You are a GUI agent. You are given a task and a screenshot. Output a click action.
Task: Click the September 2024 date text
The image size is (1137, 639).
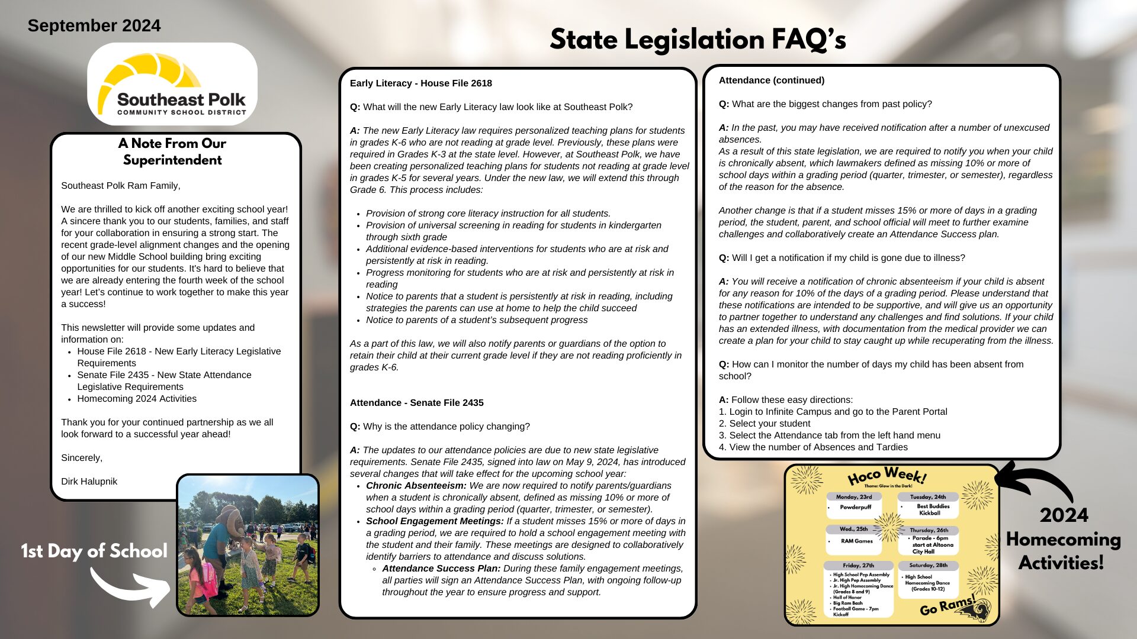pos(94,25)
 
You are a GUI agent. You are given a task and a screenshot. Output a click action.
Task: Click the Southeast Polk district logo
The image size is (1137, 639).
pos(172,83)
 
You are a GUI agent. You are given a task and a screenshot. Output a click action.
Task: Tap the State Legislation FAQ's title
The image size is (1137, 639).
pos(698,40)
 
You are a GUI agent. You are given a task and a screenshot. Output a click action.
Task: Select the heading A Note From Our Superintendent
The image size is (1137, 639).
pos(172,151)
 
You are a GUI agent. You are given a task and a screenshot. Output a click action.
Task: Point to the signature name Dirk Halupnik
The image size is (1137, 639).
pos(89,482)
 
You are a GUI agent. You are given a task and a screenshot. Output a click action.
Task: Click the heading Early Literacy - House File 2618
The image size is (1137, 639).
pos(420,83)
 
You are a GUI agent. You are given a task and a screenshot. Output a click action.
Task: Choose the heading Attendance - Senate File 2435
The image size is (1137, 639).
pos(416,403)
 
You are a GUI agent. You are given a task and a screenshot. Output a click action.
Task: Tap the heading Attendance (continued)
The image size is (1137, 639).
pos(771,80)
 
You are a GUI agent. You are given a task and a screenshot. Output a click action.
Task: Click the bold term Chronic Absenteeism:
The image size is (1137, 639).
pos(416,486)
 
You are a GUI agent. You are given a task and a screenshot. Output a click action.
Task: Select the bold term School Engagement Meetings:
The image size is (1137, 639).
pos(435,521)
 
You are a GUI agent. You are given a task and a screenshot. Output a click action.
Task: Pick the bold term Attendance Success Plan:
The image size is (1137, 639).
pos(441,569)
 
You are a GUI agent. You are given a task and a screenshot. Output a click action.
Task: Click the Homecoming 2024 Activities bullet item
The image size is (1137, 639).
pos(137,399)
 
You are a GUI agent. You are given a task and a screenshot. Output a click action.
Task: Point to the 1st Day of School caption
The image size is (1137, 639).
pos(94,551)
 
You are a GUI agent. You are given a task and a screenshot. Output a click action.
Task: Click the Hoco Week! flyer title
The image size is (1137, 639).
pos(887,476)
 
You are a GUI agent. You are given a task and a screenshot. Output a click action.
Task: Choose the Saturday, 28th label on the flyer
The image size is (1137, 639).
pos(928,566)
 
